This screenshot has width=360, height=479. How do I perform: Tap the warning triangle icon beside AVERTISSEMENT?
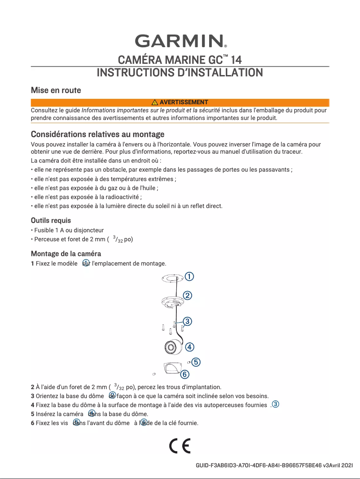(x=155, y=102)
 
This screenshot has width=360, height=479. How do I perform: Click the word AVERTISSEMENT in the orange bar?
(x=184, y=102)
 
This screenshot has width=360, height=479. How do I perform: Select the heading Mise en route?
(x=56, y=90)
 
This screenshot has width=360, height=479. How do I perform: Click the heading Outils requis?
(x=51, y=221)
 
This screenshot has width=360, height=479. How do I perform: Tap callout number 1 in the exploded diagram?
(x=190, y=276)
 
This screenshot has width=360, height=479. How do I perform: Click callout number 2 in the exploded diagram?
(x=188, y=295)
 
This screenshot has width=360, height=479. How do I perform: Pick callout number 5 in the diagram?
(x=196, y=362)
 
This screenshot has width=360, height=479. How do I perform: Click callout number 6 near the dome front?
(x=185, y=373)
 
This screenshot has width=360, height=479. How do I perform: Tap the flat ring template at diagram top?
(x=171, y=279)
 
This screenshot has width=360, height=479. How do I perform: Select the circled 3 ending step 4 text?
(x=276, y=404)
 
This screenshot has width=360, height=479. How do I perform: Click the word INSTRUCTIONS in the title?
(x=135, y=72)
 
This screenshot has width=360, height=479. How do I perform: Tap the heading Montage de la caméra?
(x=66, y=253)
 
